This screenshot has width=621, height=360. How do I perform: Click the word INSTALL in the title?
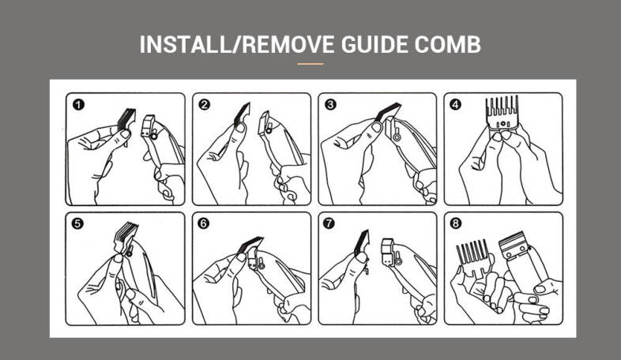coord(185,44)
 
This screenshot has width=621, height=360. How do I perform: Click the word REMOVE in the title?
coord(288,44)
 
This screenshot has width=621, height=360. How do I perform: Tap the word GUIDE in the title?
coord(374,44)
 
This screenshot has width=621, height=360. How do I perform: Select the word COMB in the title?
coord(447,44)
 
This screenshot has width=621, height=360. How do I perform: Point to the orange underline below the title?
coord(310,64)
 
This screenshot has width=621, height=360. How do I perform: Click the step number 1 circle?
coord(78,104)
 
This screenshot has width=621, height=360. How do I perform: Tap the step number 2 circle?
coord(205,104)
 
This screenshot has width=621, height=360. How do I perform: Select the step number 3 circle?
coord(330,104)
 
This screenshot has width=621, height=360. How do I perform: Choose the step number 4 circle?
coord(455,104)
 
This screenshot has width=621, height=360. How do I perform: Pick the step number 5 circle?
coord(77,223)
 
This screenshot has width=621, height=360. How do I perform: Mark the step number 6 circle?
coord(203,223)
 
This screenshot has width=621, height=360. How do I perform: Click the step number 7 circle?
coord(329,223)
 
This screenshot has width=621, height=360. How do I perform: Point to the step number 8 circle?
coord(455,223)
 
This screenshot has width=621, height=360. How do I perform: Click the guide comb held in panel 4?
coord(502,113)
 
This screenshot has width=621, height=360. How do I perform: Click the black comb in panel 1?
coord(126,118)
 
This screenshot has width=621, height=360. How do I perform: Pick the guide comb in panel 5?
coord(125,237)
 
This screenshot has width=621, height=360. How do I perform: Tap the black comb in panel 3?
coord(387,112)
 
